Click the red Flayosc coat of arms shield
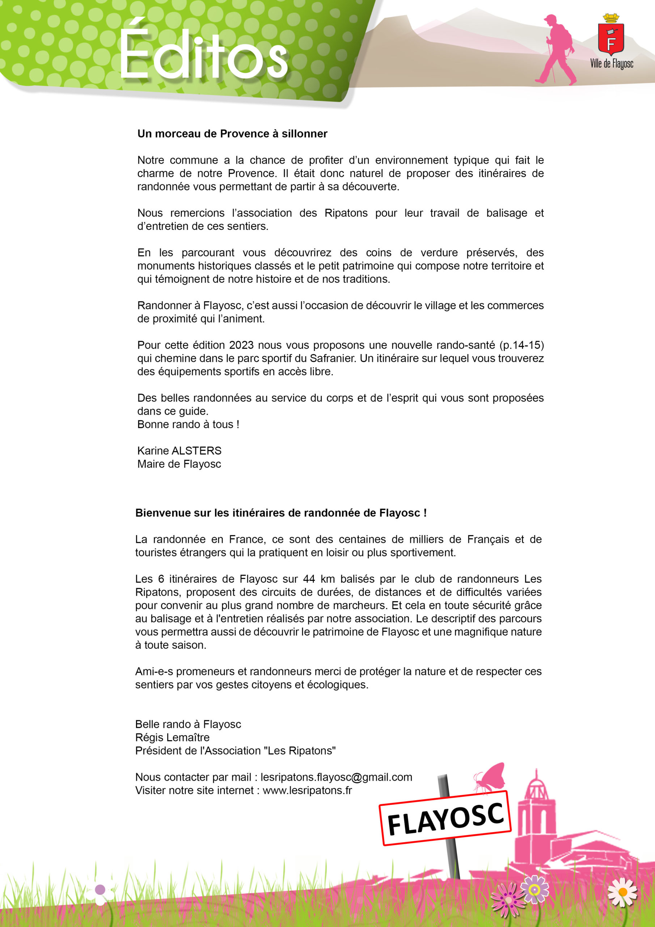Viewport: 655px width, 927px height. (x=610, y=39)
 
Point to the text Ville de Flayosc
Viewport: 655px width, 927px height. (x=612, y=63)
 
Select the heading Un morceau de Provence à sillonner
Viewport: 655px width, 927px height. (x=232, y=134)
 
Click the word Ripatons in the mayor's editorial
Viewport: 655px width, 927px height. (x=346, y=213)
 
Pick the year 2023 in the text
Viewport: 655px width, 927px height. (x=241, y=345)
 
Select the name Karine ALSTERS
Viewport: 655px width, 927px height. (x=179, y=450)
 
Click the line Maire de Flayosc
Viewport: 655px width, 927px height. (x=179, y=464)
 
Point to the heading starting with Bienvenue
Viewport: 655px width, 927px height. (x=281, y=513)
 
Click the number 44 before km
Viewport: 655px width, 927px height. (x=309, y=579)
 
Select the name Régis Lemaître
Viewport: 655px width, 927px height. (x=172, y=737)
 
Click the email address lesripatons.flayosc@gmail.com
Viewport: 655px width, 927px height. (x=336, y=777)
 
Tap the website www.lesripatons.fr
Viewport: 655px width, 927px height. (x=307, y=790)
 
